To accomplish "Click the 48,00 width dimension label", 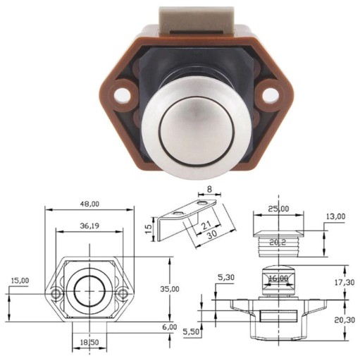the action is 89,204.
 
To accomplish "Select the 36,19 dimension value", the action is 89,226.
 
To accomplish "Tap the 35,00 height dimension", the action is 170,289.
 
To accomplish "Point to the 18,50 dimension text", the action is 89,343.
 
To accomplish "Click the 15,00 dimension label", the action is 20,281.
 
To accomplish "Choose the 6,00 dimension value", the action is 169,327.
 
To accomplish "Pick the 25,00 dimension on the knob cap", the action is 279,209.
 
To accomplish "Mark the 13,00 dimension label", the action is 336,216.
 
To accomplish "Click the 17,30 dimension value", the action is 345,282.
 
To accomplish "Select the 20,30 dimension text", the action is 345,320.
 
